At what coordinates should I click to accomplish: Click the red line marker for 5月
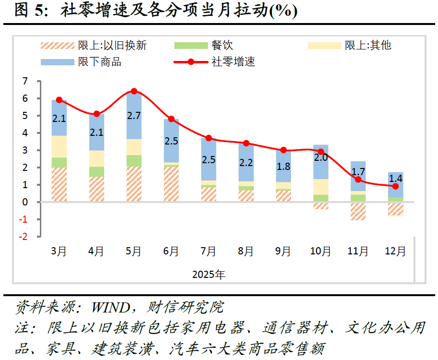tap(134, 91)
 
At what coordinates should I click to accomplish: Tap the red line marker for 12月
tap(395, 186)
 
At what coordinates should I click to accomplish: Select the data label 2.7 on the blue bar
tap(134, 115)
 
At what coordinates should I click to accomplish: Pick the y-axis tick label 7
tap(24, 81)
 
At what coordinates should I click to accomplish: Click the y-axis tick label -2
tap(23, 237)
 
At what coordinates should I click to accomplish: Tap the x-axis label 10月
tap(320, 251)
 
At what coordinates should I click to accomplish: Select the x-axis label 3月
tap(59, 251)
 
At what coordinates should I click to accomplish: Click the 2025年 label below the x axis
tap(208, 275)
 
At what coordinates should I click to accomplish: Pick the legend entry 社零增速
tap(233, 62)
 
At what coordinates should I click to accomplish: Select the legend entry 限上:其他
tap(368, 46)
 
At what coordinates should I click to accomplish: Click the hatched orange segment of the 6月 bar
tap(171, 184)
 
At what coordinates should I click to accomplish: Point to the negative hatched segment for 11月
tap(358, 211)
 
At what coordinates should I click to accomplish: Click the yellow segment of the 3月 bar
tap(59, 146)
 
